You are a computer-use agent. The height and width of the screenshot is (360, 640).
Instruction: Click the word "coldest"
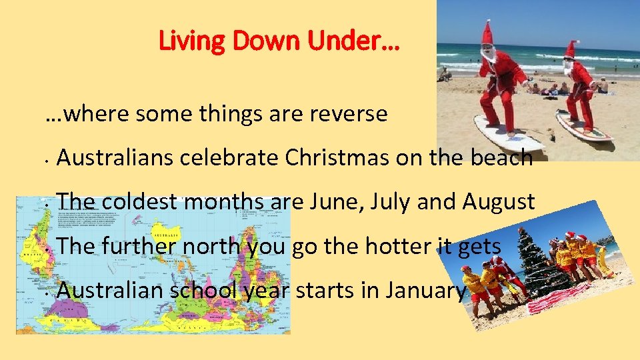click(x=143, y=201)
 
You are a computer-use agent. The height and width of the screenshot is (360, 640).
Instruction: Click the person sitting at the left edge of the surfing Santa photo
click(x=445, y=75)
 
